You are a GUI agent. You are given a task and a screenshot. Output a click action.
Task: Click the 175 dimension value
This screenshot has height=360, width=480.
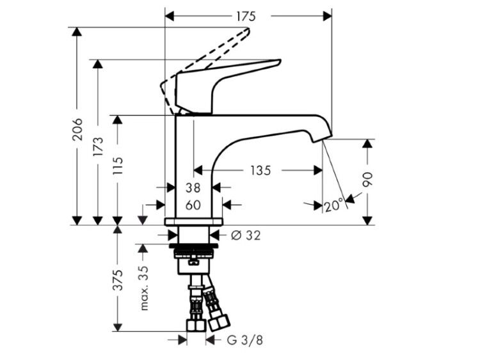tap(246, 16)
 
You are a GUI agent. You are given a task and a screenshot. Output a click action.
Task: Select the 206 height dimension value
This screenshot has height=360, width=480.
tap(77, 129)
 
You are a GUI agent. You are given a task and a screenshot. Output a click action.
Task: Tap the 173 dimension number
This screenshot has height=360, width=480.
tap(99, 147)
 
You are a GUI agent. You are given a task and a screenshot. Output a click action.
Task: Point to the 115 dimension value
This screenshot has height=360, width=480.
tap(118, 166)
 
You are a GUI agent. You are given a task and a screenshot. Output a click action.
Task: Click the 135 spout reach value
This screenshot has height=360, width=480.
tap(261, 170)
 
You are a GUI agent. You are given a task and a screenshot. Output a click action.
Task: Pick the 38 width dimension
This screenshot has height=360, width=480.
tap(193, 188)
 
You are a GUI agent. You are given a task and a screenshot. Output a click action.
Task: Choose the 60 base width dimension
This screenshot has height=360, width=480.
tap(193, 205)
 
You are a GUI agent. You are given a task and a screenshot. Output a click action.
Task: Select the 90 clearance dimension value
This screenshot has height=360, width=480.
tap(367, 180)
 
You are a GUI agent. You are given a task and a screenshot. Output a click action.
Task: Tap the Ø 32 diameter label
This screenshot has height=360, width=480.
tap(246, 235)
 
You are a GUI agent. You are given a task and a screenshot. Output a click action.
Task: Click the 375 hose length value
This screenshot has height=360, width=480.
tap(118, 280)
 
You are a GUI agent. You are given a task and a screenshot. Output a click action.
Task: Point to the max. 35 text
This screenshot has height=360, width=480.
tap(144, 288)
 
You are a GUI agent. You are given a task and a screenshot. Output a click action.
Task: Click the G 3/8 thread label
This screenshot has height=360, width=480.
tap(245, 340)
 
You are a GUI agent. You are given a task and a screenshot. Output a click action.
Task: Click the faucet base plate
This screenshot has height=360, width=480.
tap(194, 222)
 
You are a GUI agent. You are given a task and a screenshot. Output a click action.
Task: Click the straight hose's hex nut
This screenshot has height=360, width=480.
tap(196, 325)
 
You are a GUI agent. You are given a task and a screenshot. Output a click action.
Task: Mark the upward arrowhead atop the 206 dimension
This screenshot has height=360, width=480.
tap(77, 32)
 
